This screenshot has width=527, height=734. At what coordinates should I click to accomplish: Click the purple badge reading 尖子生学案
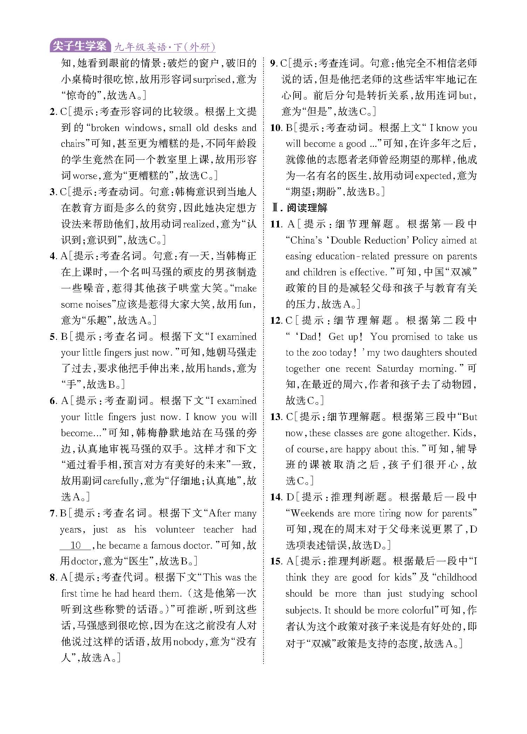pos(80,46)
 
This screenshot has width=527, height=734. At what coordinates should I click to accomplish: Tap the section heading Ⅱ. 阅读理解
pos(300,208)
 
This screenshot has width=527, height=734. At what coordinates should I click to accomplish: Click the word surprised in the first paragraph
pos(212,80)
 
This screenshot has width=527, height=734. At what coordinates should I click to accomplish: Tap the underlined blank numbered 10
pos(76,546)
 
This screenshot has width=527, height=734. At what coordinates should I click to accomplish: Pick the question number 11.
pos(276,224)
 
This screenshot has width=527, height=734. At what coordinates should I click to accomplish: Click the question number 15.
pos(276,561)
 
